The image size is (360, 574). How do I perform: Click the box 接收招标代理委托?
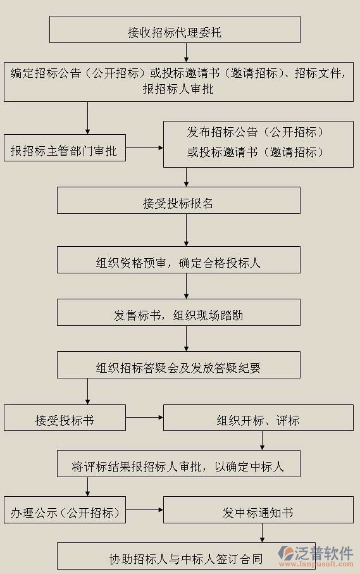click(175, 30)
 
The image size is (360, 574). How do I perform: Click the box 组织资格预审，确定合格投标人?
click(178, 261)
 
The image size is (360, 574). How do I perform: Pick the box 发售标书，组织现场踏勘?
click(178, 314)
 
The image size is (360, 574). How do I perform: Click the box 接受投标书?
click(65, 419)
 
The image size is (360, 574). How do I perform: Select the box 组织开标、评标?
click(258, 419)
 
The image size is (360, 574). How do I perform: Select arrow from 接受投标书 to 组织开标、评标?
click(144, 418)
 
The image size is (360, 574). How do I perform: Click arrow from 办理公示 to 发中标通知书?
click(144, 509)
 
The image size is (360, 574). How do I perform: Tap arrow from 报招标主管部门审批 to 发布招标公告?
click(144, 149)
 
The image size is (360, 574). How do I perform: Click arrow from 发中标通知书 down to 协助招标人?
click(262, 533)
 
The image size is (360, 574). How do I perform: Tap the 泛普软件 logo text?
click(325, 551)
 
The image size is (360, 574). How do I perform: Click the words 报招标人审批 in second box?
click(178, 89)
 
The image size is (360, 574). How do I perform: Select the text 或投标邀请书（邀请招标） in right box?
click(256, 153)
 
